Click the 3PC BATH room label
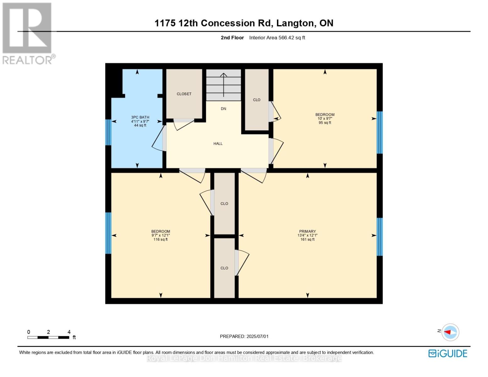pyautogui.click(x=140, y=117)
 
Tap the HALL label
pyautogui.click(x=218, y=144)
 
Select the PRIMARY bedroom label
pyautogui.click(x=307, y=231)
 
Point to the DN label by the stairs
pyautogui.click(x=223, y=109)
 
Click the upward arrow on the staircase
pyautogui.click(x=223, y=85)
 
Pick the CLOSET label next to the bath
pyautogui.click(x=184, y=94)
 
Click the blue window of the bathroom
pyautogui.click(x=108, y=132)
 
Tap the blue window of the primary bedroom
pyautogui.click(x=380, y=237)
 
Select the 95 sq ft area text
pyautogui.click(x=325, y=123)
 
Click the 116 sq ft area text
pyautogui.click(x=161, y=239)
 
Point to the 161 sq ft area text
pyautogui.click(x=307, y=239)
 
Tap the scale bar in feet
pyautogui.click(x=48, y=337)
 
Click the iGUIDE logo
pyautogui.click(x=448, y=353)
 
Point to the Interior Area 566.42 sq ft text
pyautogui.click(x=277, y=38)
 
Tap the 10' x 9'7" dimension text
pyautogui.click(x=325, y=118)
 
